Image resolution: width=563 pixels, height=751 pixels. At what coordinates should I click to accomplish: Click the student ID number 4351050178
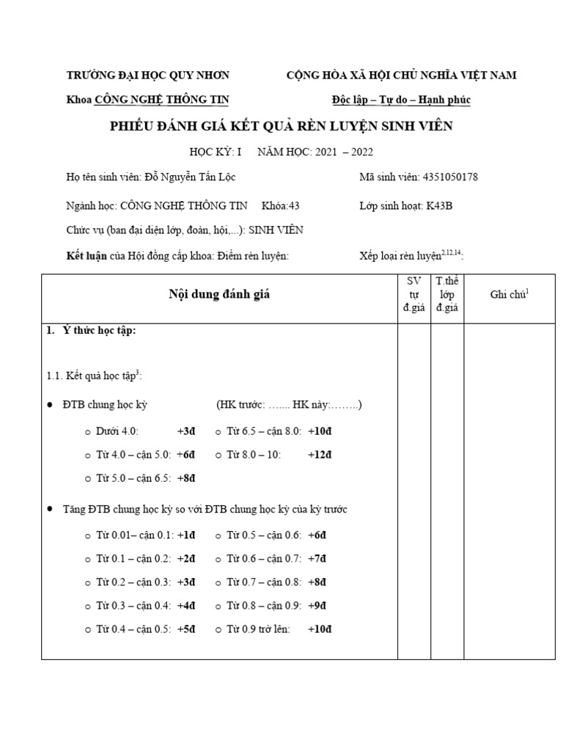click(x=452, y=177)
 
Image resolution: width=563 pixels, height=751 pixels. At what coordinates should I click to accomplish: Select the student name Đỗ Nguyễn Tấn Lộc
click(x=191, y=177)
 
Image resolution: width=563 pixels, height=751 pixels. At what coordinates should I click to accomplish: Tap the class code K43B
click(x=439, y=205)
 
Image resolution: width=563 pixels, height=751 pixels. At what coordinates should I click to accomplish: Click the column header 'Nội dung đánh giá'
click(x=219, y=294)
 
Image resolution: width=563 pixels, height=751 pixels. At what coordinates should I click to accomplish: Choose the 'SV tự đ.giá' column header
click(x=413, y=294)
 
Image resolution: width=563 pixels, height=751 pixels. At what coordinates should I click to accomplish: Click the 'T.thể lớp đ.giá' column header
click(x=446, y=294)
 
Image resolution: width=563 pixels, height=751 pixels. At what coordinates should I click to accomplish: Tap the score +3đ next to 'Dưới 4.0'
click(x=186, y=431)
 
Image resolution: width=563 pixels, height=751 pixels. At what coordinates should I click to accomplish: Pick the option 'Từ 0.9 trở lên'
click(x=257, y=629)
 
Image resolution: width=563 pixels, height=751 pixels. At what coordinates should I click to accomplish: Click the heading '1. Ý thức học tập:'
click(x=92, y=331)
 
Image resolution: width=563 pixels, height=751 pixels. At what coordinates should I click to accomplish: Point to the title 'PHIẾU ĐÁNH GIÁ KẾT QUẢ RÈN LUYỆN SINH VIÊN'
click(x=281, y=126)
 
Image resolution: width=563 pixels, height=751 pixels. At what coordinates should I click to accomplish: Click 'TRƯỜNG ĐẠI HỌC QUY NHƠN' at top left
click(x=148, y=75)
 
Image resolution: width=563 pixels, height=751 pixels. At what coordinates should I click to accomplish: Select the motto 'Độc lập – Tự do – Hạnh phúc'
click(x=400, y=100)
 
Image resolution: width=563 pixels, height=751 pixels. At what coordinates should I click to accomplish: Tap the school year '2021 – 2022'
click(x=345, y=152)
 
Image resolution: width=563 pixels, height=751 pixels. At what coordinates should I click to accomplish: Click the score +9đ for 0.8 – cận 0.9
click(x=317, y=606)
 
